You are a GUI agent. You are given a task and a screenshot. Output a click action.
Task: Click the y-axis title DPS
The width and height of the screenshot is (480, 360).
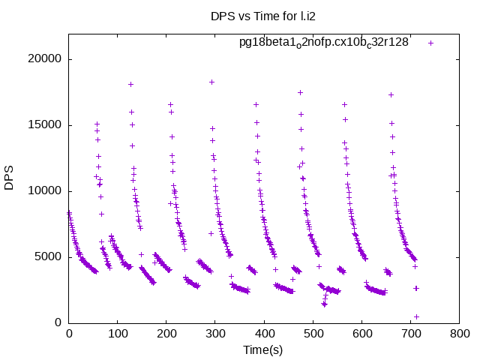pyautogui.click(x=9, y=178)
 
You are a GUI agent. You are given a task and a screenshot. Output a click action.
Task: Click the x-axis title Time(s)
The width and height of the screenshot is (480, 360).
pyautogui.click(x=263, y=349)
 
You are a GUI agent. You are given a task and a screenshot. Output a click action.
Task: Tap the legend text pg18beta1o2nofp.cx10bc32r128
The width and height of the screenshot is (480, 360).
pyautogui.click(x=324, y=42)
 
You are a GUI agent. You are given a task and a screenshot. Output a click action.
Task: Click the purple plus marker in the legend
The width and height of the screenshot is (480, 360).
pyautogui.click(x=431, y=43)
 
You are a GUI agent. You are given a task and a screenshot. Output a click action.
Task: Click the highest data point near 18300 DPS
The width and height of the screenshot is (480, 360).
pyautogui.click(x=211, y=82)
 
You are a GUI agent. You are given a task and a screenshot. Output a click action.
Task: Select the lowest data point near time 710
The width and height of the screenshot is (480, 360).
pyautogui.click(x=416, y=316)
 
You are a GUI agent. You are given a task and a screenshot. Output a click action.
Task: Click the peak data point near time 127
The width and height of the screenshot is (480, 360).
pyautogui.click(x=130, y=85)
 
